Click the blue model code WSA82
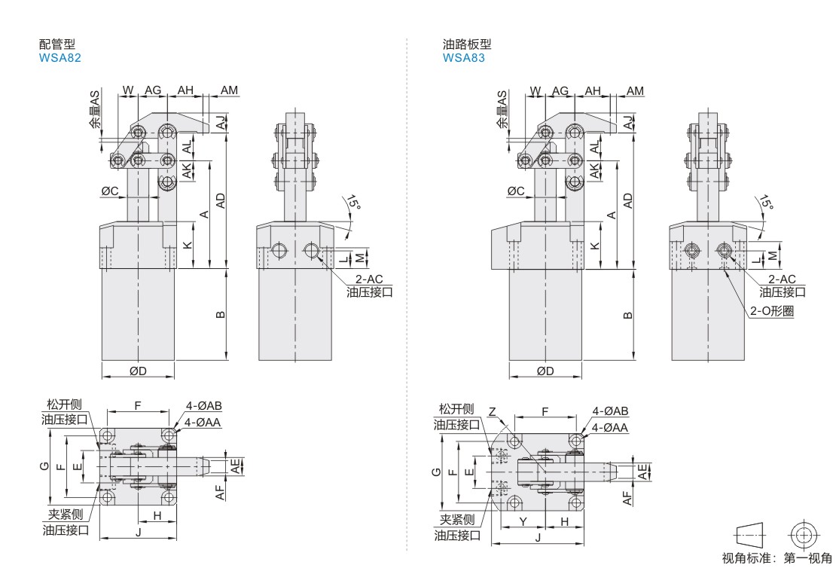[x=59, y=57]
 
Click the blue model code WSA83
[x=464, y=57]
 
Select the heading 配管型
[x=57, y=44]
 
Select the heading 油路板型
[x=467, y=44]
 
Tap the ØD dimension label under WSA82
[x=138, y=371]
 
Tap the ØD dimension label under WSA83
[x=545, y=371]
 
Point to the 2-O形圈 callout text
[x=772, y=310]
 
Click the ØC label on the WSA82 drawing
[x=110, y=191]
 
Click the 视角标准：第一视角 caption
[x=777, y=558]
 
